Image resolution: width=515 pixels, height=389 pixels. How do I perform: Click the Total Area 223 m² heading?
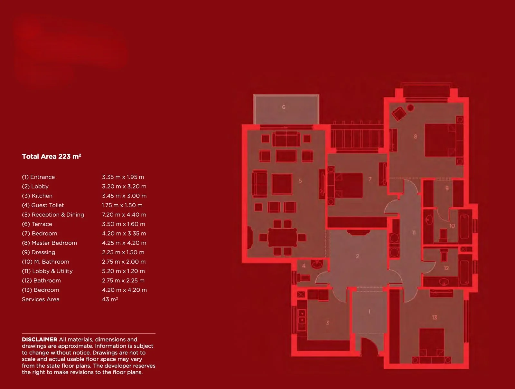click(x=51, y=157)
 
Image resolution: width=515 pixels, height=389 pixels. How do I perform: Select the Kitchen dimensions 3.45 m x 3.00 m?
click(x=124, y=196)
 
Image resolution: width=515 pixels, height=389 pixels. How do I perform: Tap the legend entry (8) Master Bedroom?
click(x=49, y=243)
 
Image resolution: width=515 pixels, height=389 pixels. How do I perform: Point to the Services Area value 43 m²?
click(x=110, y=299)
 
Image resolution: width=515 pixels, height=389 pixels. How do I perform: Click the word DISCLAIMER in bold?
click(x=40, y=340)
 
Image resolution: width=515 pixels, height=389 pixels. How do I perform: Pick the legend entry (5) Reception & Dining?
click(x=53, y=215)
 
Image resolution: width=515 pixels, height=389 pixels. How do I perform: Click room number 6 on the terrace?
click(x=284, y=107)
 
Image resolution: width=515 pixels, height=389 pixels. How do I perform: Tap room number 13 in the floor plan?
click(x=435, y=317)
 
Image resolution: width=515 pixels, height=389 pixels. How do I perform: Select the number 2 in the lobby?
click(x=357, y=257)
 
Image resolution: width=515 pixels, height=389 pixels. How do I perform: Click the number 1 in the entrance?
click(x=369, y=312)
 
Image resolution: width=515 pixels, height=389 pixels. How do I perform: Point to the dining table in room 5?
click(x=282, y=238)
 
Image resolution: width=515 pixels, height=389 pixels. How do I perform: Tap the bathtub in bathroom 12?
click(x=464, y=268)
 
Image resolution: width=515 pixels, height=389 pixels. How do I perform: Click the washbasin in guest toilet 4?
click(x=317, y=265)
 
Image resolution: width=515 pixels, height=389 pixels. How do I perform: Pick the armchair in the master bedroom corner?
click(x=399, y=113)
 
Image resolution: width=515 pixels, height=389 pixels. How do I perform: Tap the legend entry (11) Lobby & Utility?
click(x=47, y=271)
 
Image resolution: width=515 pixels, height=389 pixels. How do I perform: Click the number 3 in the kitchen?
click(x=327, y=323)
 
